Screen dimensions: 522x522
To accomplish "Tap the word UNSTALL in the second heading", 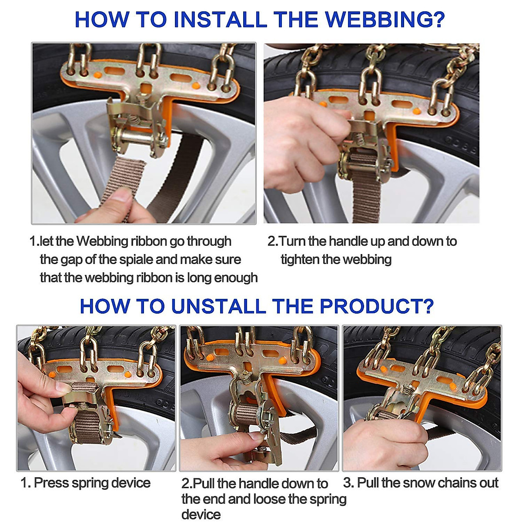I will pos(218,306).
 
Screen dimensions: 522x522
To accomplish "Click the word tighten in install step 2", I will pos(300,260).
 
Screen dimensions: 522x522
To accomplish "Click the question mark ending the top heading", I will pos(438,20).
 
